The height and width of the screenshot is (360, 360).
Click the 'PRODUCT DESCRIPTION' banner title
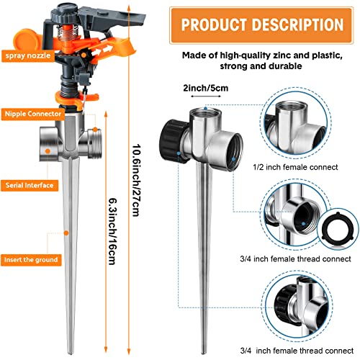pos(263,24)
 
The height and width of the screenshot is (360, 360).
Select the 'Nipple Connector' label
pos(30,114)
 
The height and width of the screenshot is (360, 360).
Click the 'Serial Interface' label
pos(30,185)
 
